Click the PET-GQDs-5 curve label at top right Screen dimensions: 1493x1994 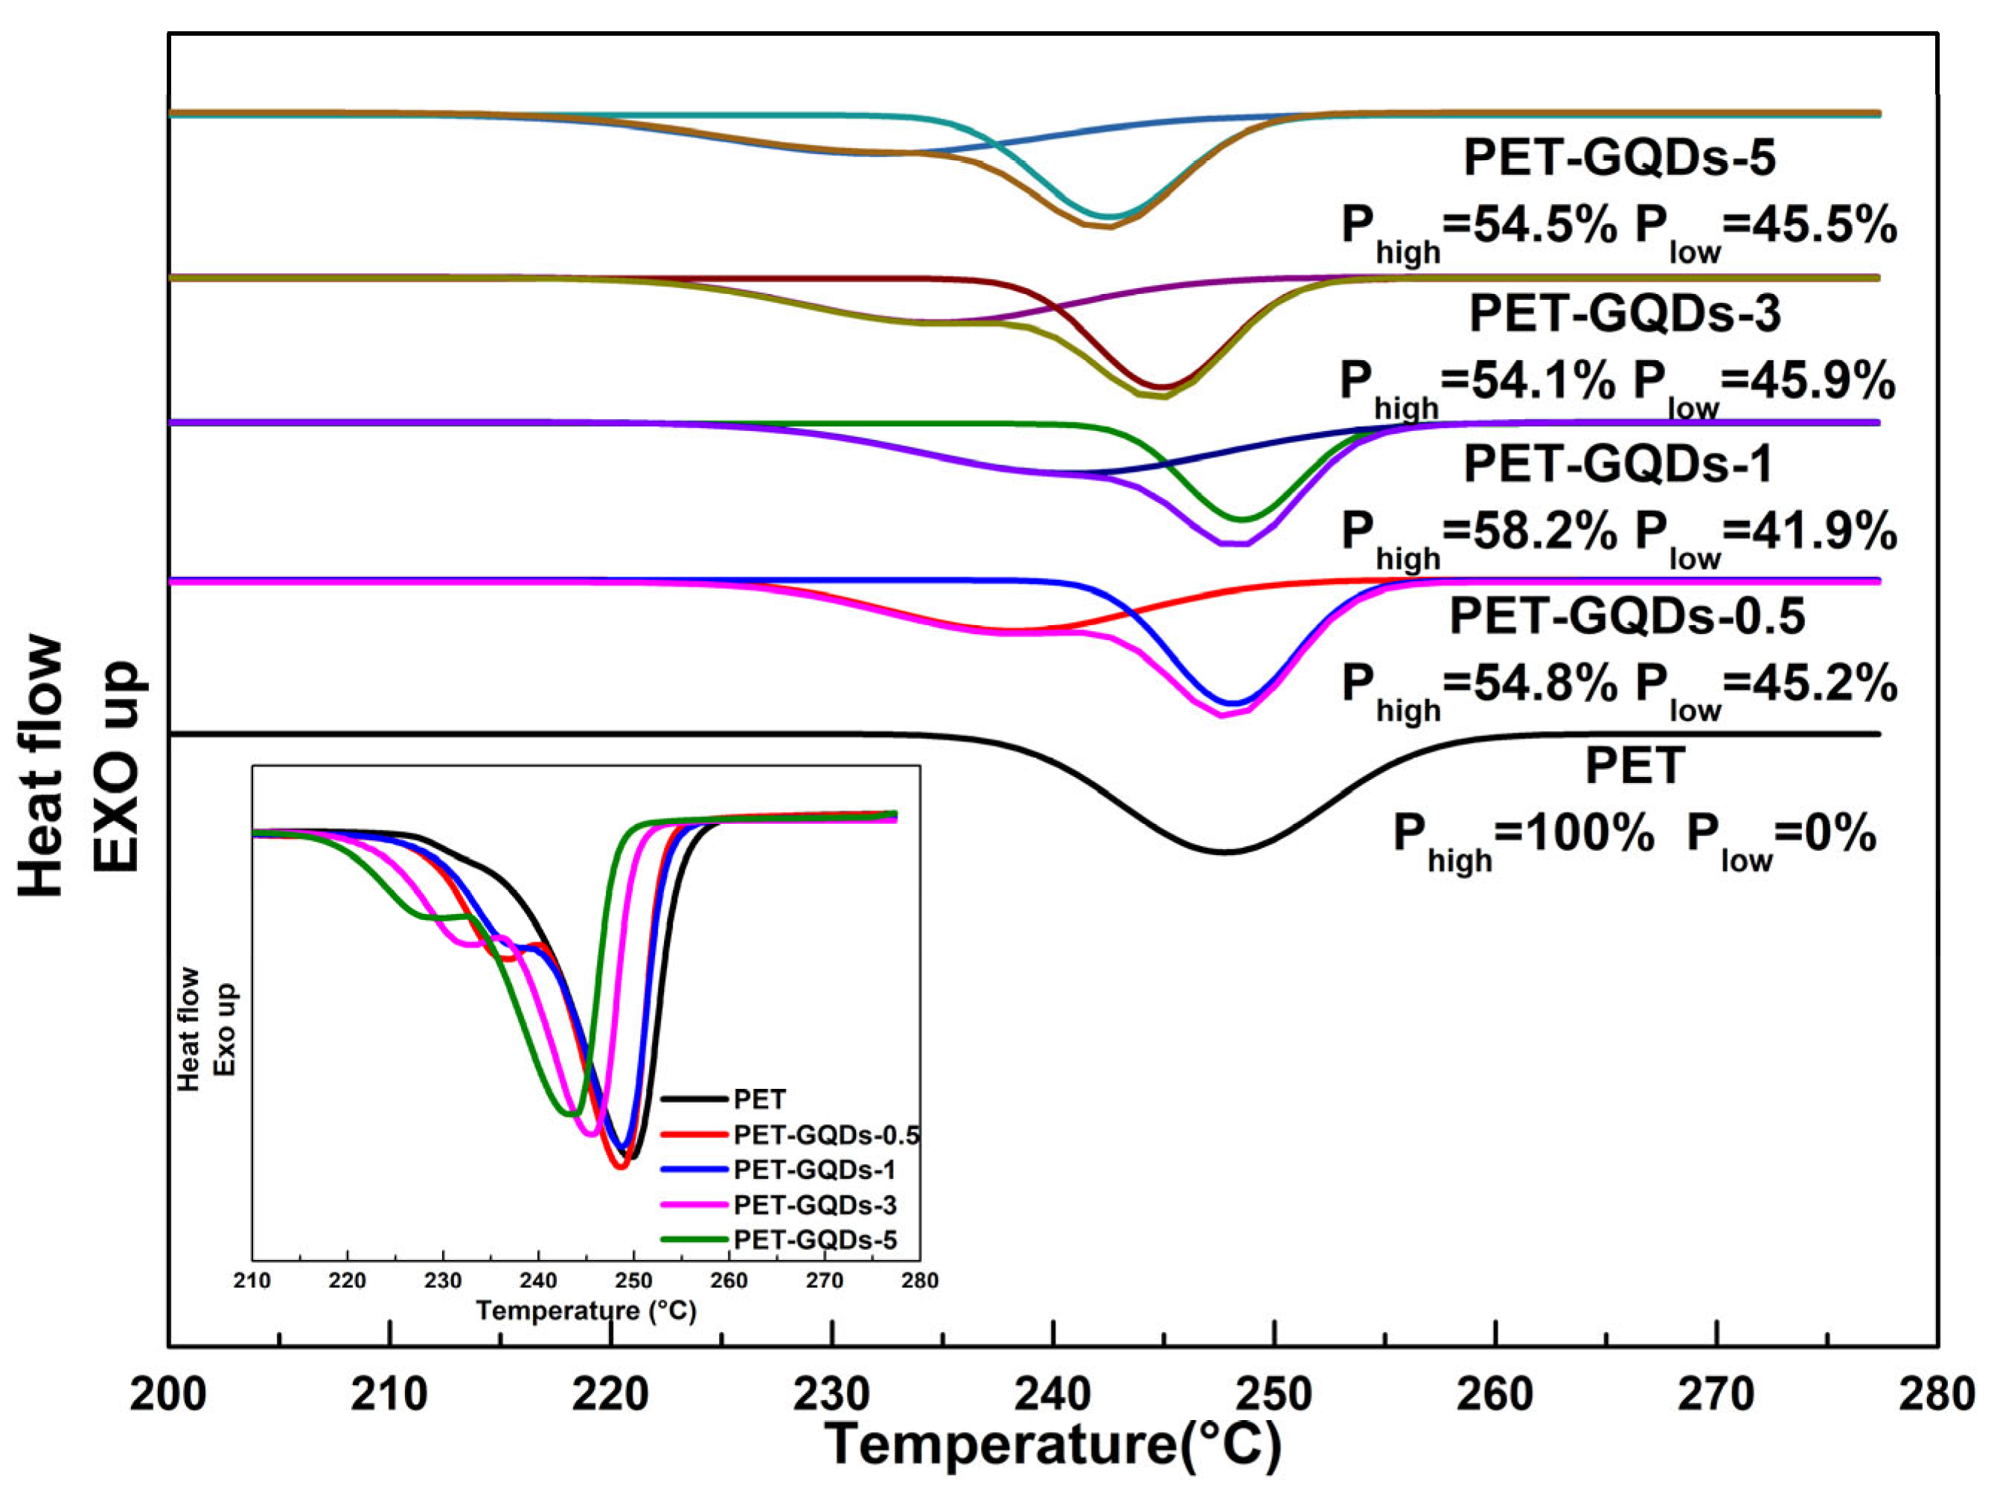pos(1619,157)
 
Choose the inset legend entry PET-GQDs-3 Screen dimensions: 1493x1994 pos(814,1204)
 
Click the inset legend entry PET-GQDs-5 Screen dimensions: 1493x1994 pos(814,1240)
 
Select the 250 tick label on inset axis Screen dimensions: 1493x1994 pos(633,1280)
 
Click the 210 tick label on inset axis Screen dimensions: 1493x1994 pos(252,1280)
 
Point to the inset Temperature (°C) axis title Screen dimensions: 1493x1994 pos(586,1310)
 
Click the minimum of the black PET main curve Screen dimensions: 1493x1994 pos(1224,852)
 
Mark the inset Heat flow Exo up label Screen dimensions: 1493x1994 pos(205,1029)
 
